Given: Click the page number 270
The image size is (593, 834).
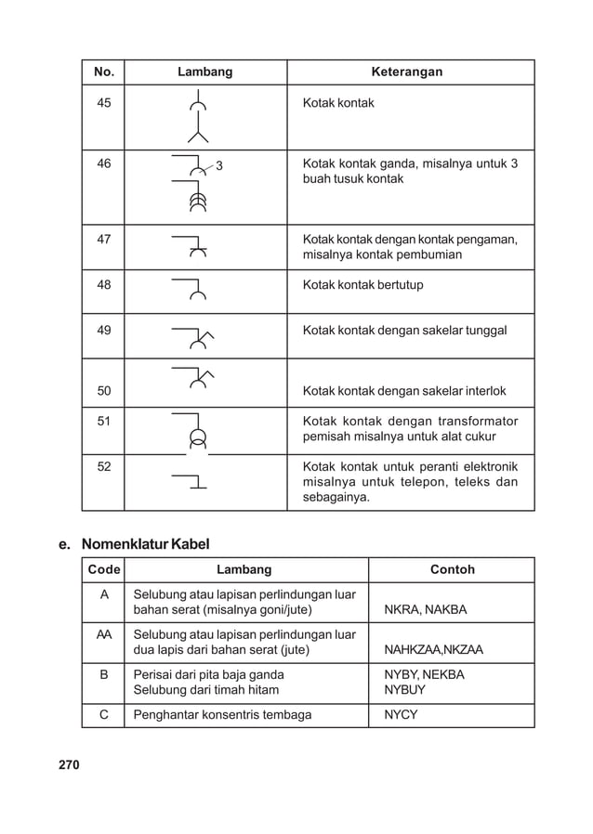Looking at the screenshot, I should pyautogui.click(x=69, y=765).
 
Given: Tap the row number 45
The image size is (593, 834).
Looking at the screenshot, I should pyautogui.click(x=103, y=103).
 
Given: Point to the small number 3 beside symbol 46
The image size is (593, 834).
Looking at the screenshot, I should pyautogui.click(x=218, y=167).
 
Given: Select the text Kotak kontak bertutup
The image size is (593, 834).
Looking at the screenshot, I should pyautogui.click(x=362, y=285).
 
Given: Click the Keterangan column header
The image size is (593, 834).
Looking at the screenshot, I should pyautogui.click(x=406, y=72).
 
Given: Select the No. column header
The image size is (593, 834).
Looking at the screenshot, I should pyautogui.click(x=103, y=72).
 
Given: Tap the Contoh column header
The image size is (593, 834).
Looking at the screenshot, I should pyautogui.click(x=452, y=569).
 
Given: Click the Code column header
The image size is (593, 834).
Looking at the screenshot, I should pyautogui.click(x=103, y=569).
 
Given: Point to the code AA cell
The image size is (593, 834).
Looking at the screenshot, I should pyautogui.click(x=103, y=634).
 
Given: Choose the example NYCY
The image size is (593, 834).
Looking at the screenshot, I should pyautogui.click(x=401, y=715).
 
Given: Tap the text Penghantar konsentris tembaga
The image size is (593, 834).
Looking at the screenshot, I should pyautogui.click(x=222, y=715).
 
